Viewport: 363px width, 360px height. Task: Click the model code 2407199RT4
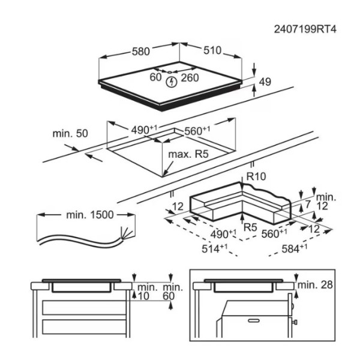click(305, 28)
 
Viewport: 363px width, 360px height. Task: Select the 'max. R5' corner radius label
click(188, 154)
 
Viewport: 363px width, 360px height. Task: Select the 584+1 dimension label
click(295, 247)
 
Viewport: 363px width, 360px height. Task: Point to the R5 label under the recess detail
click(251, 227)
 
